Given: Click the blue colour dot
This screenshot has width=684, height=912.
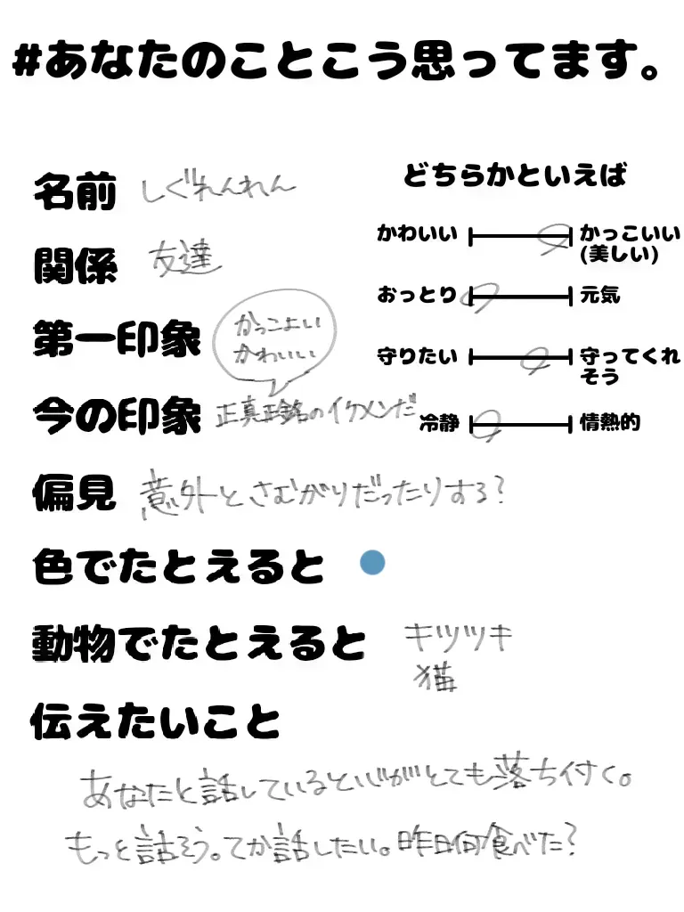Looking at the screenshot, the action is (372, 563).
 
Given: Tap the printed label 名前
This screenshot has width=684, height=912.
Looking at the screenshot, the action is (75, 191).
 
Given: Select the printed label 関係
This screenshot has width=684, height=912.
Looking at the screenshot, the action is (75, 265).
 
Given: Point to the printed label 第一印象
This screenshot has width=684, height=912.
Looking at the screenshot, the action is (117, 339).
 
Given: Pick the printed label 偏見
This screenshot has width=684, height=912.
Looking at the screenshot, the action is (75, 491).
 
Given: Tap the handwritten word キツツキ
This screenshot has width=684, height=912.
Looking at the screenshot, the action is (458, 638).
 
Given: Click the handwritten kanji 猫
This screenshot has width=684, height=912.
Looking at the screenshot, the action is (436, 678).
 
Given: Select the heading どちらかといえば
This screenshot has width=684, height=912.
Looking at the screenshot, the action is (516, 175).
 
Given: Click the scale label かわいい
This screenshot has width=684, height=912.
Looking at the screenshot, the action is (417, 235).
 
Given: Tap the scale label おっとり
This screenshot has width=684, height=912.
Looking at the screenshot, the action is (417, 295).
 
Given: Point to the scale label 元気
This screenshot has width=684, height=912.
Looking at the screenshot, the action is (599, 295).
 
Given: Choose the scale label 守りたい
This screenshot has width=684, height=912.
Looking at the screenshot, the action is (417, 357).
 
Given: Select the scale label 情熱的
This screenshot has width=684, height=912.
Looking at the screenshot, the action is (610, 423).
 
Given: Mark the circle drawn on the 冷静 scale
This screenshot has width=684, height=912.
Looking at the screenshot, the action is (489, 424).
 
